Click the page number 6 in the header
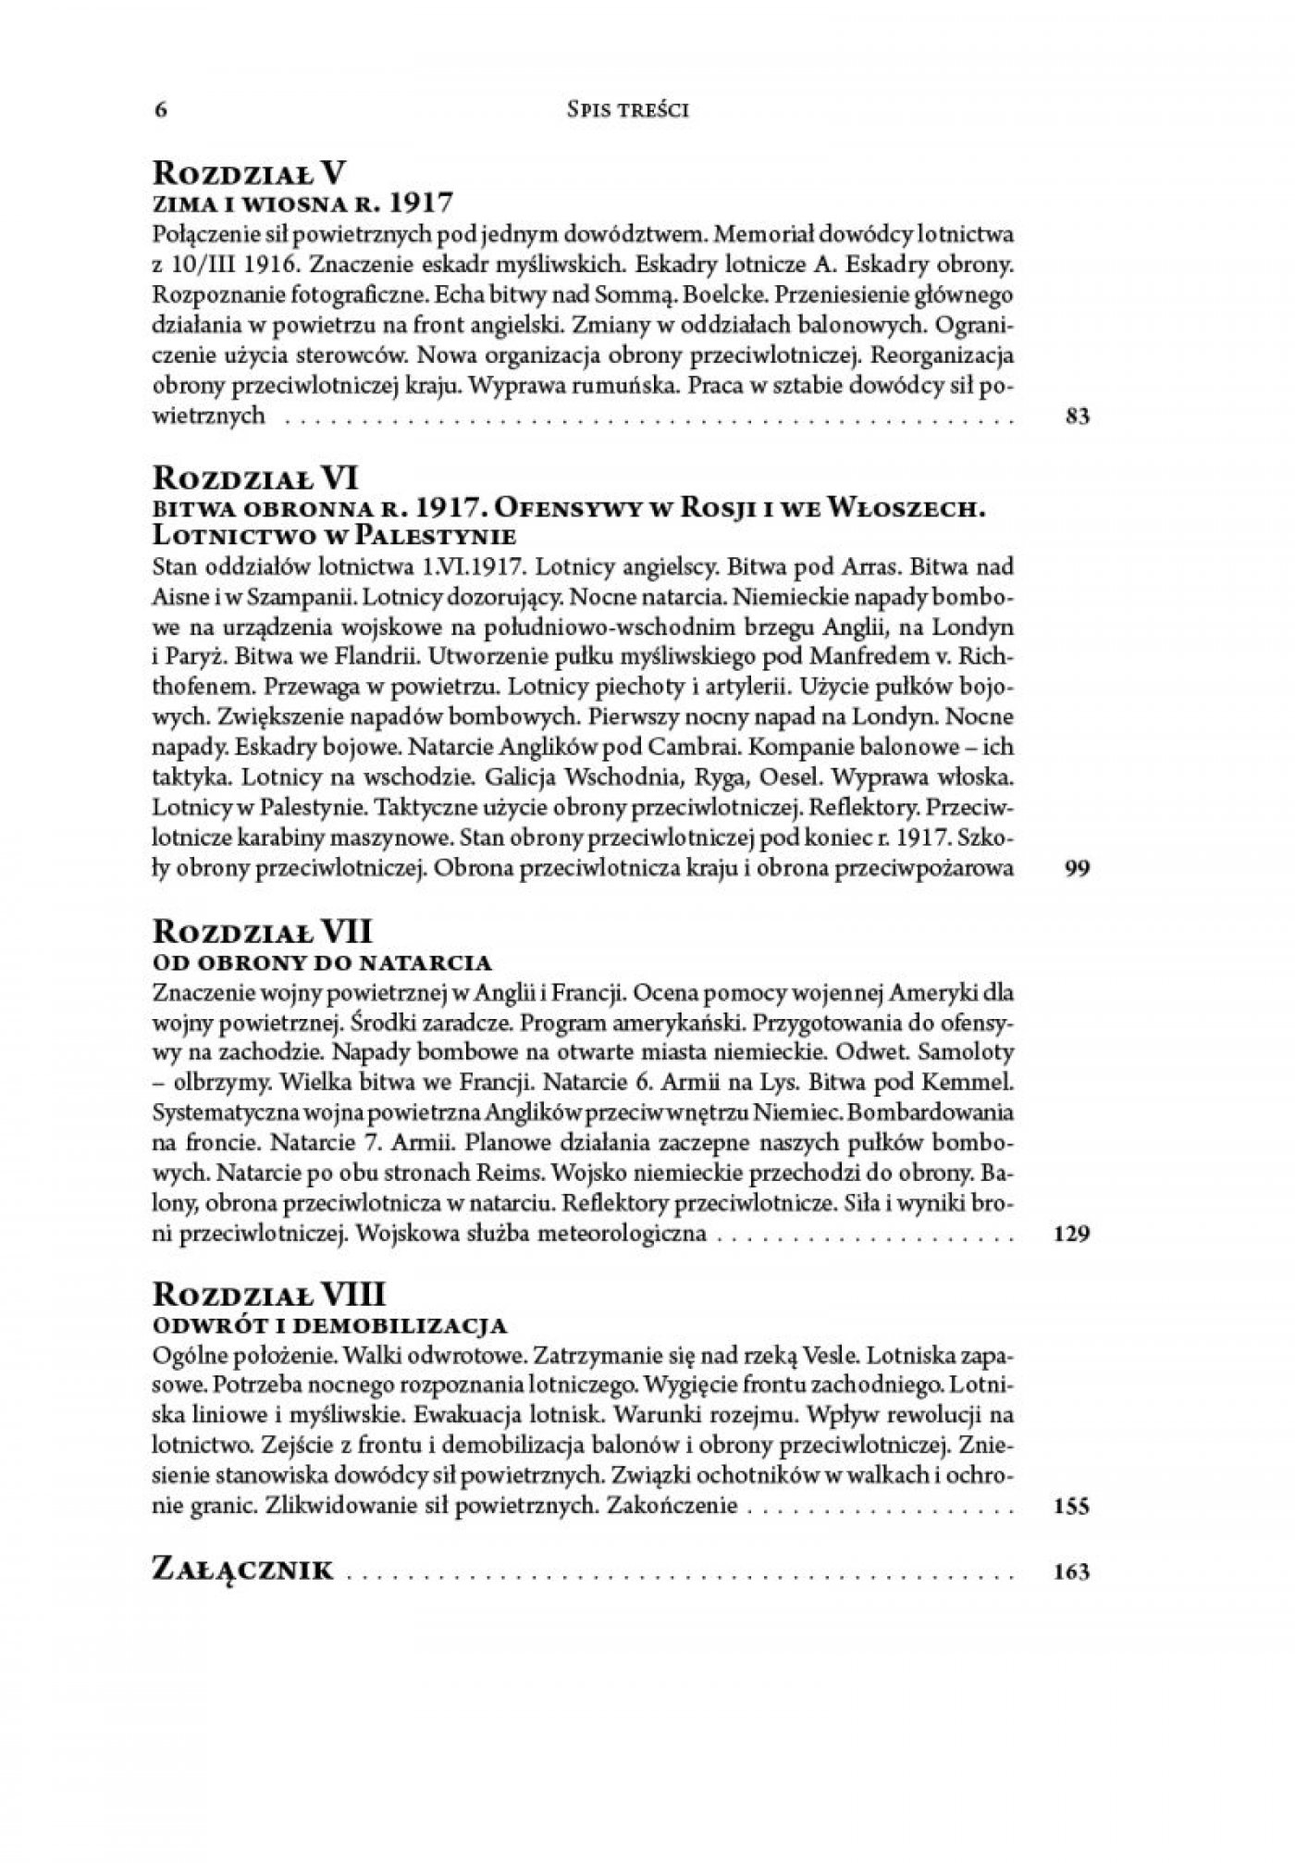161,110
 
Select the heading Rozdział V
250,172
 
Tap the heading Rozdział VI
255,478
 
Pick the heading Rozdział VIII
268,1292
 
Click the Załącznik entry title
242,1571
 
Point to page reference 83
1079,416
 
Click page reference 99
1079,869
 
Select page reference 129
1073,1233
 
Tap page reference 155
1073,1506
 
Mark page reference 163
1073,1572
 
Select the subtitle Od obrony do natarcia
321,962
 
